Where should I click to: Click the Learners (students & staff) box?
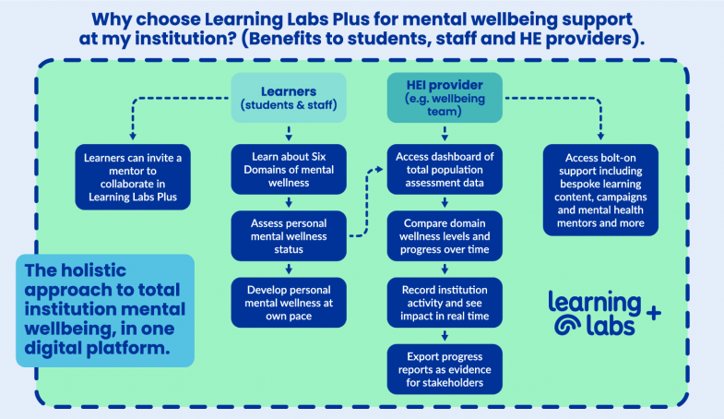tap(290, 97)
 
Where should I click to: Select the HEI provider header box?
tap(445, 97)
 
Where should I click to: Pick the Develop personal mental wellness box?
tap(290, 300)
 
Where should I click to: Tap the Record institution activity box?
tap(445, 300)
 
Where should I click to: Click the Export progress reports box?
tap(445, 365)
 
